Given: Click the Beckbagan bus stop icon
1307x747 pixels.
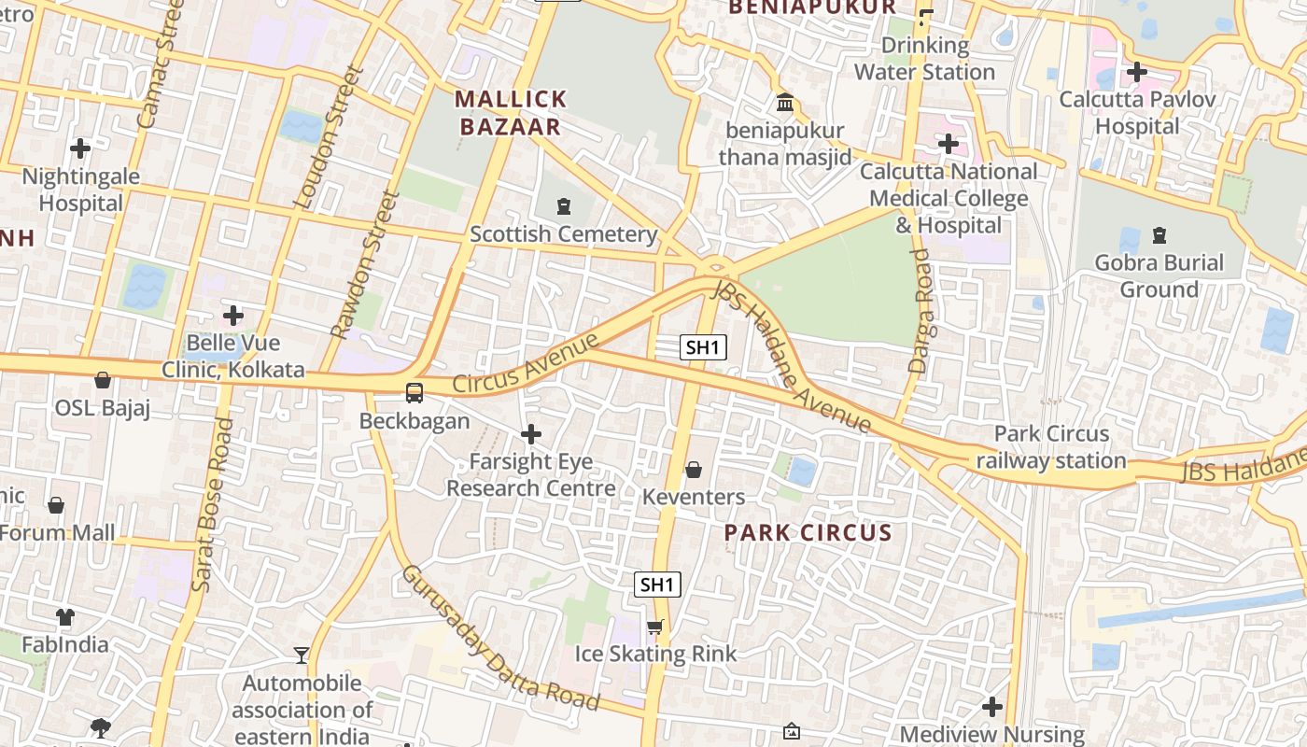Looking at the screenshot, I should (x=414, y=392).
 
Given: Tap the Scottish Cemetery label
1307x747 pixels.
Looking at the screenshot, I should (x=563, y=233).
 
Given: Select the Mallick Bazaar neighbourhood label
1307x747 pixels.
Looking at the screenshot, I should (x=511, y=113).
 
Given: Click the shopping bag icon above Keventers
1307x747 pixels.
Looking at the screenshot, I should (x=694, y=469).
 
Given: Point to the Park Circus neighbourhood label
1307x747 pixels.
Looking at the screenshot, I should (x=808, y=533).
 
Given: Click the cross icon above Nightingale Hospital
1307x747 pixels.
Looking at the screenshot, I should (x=80, y=148).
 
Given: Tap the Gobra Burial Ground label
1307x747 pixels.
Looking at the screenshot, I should (x=1159, y=275).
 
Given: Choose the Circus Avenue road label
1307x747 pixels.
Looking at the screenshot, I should (x=525, y=363).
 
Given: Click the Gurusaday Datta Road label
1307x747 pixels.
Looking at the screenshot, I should (x=499, y=637).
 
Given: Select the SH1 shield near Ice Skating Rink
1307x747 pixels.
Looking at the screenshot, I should (x=657, y=585).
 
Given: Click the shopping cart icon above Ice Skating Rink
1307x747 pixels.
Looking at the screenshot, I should (x=655, y=627).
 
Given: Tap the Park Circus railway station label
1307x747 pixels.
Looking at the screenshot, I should (x=1051, y=447).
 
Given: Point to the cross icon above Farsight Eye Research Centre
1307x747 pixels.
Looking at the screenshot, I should (x=531, y=434).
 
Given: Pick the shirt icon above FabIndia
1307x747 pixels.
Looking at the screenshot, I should (x=64, y=617).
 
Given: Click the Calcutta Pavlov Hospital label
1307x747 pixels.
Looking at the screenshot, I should (x=1137, y=112).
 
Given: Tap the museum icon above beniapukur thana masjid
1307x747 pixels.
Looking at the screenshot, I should (x=785, y=102).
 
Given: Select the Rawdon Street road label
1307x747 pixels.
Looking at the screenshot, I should (x=364, y=264).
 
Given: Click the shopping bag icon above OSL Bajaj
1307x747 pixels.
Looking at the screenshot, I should (x=103, y=380).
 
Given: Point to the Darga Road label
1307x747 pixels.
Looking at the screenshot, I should (x=921, y=311).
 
